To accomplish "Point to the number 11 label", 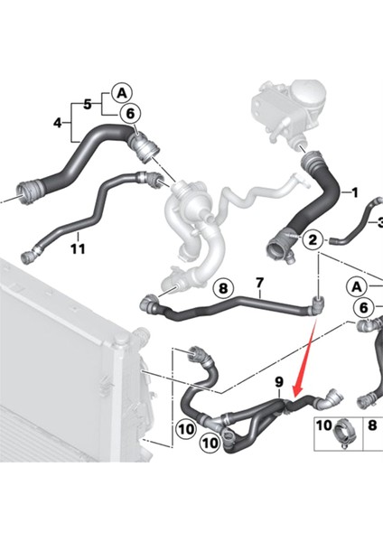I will click(x=78, y=248).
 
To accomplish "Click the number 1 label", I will click(x=354, y=192).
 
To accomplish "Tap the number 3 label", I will click(x=379, y=222).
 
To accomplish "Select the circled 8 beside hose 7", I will click(x=223, y=289).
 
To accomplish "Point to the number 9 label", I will click(x=279, y=383).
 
